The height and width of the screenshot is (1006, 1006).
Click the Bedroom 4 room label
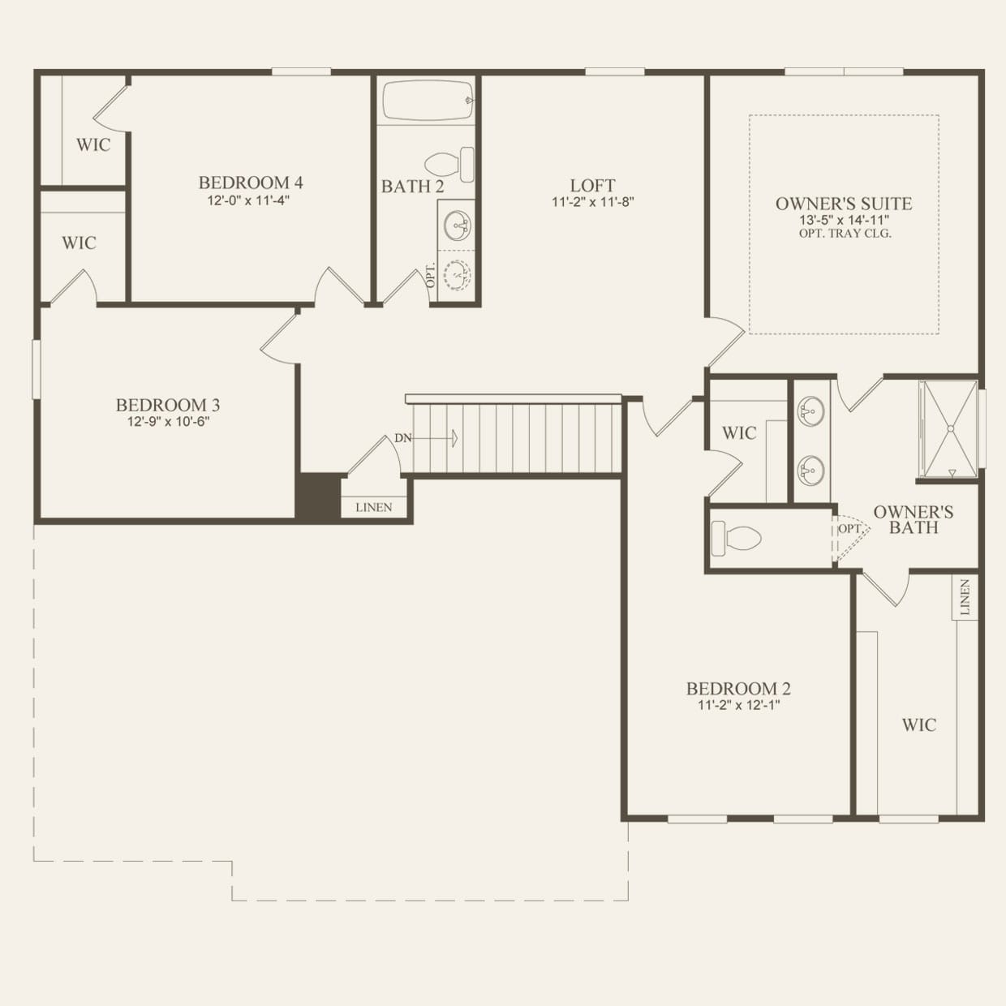(x=251, y=183)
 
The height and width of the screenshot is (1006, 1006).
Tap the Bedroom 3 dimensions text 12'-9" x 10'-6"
(x=168, y=421)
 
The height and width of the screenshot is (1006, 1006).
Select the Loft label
(x=592, y=186)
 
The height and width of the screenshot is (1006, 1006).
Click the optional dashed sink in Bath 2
(x=458, y=276)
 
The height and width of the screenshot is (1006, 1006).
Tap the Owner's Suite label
(x=844, y=204)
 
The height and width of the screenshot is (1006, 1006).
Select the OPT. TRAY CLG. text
(x=845, y=234)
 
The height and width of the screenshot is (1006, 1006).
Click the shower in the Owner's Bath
(x=948, y=428)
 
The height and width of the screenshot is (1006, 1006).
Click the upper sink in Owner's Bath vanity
(x=810, y=412)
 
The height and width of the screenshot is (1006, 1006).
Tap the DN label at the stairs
(x=403, y=438)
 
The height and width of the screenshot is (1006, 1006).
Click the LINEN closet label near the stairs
(x=374, y=507)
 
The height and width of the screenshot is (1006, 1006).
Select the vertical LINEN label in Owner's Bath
(x=965, y=597)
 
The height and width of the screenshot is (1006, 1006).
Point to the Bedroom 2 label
(x=738, y=689)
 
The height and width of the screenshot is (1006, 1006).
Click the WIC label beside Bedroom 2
(x=918, y=725)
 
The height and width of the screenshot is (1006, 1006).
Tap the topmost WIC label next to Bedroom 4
(x=93, y=145)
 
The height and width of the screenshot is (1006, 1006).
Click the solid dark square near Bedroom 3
(x=317, y=495)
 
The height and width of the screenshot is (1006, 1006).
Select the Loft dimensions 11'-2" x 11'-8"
(x=592, y=202)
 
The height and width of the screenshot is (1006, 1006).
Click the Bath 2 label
(x=412, y=187)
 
